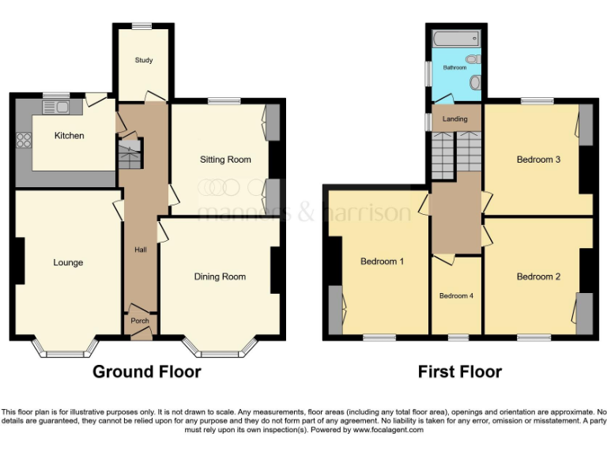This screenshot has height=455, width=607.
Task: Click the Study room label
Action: [x=143, y=60]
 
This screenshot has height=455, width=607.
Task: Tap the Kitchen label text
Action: [x=69, y=136]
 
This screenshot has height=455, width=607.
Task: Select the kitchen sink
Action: [x=61, y=107]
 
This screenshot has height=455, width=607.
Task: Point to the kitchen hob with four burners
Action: [x=24, y=141]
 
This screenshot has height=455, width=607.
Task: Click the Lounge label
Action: [x=68, y=262]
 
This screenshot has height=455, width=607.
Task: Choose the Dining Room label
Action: [x=220, y=276]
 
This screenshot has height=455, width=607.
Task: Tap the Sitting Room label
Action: [x=225, y=160]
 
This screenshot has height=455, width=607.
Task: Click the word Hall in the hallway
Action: [x=140, y=250]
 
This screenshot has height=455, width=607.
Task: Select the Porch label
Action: [x=140, y=321]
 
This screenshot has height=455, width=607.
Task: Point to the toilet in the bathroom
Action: [x=473, y=59]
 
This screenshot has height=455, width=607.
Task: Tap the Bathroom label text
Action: [x=454, y=68]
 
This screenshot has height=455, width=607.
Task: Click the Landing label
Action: [x=454, y=119]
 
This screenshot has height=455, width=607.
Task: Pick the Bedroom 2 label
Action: [x=538, y=276]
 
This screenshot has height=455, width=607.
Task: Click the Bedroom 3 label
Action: [x=538, y=160]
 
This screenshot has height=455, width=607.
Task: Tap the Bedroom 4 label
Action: [x=456, y=295]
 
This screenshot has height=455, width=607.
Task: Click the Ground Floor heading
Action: [x=147, y=371]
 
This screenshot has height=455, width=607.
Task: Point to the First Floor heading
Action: [x=461, y=371]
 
